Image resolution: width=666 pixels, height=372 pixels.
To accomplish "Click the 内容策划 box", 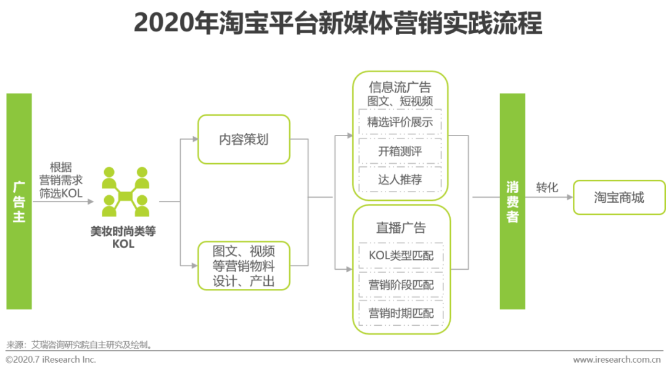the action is [x=244, y=139].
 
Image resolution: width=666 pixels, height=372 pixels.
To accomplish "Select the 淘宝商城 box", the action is [x=619, y=197].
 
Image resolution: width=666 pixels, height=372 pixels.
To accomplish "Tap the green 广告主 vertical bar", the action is [x=19, y=201].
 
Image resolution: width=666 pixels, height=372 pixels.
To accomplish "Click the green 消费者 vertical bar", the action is [x=512, y=201].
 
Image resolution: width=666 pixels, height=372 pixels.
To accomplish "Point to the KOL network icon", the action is [x=125, y=192].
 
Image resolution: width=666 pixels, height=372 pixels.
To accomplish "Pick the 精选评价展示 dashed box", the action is [x=400, y=122].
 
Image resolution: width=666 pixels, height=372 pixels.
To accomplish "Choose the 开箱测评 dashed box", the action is [x=400, y=151].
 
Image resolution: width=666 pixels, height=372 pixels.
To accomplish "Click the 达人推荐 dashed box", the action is [x=400, y=179].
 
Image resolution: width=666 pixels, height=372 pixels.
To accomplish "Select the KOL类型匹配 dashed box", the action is [x=401, y=256].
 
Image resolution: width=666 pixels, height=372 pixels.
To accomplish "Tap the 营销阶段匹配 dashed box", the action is [x=401, y=285].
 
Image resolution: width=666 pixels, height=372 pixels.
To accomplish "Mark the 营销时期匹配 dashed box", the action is [x=401, y=313].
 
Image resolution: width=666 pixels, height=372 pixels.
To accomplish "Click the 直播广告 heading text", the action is [x=401, y=228].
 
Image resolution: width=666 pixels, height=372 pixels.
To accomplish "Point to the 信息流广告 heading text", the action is [x=400, y=87].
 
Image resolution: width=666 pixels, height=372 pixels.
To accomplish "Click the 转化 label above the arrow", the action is [x=547, y=187].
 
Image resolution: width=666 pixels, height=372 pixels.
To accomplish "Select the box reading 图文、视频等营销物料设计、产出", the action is [x=244, y=266].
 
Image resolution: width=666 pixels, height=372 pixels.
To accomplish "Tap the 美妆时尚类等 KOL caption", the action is [x=123, y=238].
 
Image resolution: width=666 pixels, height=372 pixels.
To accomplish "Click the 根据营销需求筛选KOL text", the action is [x=61, y=180].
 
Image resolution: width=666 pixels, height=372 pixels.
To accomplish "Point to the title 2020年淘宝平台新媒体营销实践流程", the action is [x=338, y=23].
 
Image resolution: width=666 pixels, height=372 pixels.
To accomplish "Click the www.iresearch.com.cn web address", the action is [x=617, y=360].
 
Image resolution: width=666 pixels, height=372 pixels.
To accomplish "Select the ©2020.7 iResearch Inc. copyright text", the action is [x=51, y=360].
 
